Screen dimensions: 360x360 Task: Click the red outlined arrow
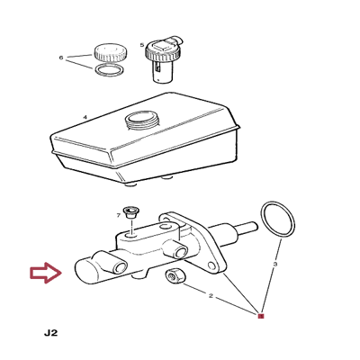click(46, 273)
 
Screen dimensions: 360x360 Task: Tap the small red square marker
click(261, 316)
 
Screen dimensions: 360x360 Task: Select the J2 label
click(50, 333)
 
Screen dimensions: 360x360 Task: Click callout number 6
click(61, 58)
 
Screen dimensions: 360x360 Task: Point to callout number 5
click(142, 45)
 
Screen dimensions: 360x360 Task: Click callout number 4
click(85, 117)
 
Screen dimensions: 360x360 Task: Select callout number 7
click(118, 215)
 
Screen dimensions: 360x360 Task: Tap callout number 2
click(211, 296)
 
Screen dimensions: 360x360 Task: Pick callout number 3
click(275, 265)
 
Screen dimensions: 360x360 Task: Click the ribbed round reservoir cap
click(110, 52)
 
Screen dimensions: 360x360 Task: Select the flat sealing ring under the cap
click(110, 70)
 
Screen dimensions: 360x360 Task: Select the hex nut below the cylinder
click(175, 276)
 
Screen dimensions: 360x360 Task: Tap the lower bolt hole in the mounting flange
click(213, 265)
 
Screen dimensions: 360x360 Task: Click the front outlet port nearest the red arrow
click(120, 267)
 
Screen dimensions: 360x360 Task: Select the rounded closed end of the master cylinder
click(85, 271)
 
